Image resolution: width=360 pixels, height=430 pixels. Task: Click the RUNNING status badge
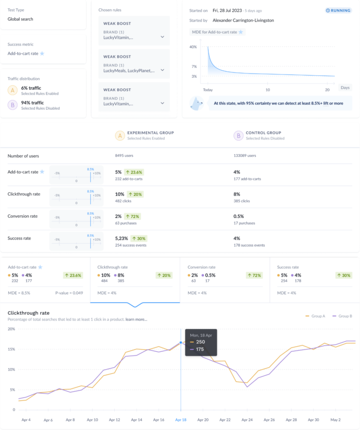point(338,10)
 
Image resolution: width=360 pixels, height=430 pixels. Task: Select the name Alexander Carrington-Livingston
point(243,21)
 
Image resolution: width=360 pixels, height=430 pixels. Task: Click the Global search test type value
point(20,19)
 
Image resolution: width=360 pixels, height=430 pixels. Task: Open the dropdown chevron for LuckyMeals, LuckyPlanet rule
point(162,70)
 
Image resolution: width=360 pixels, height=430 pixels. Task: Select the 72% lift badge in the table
point(132,216)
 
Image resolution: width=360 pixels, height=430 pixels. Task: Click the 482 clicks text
point(124,201)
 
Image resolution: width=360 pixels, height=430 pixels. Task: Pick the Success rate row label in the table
point(19,238)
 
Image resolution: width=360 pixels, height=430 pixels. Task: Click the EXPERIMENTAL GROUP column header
point(150,133)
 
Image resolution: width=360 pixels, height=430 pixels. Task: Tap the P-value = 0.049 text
point(68,293)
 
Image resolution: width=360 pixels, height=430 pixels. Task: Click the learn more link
point(136,319)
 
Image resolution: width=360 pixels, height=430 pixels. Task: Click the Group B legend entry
point(343,316)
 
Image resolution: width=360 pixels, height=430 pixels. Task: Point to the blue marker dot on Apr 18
point(181,343)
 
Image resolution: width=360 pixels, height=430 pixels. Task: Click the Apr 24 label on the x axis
point(247,420)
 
